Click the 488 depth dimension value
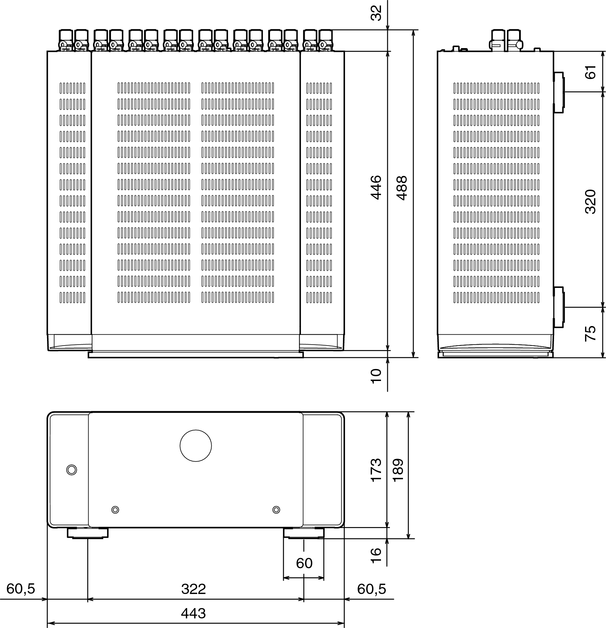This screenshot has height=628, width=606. pos(402,188)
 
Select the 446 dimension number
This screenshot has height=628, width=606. pos(376,187)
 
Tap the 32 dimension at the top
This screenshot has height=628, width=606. pos(377,13)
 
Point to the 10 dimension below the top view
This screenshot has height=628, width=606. pos(377,375)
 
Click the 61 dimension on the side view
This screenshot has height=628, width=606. pos(591,72)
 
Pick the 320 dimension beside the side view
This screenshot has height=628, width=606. pos(590,201)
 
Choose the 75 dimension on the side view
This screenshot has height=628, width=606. pos(590,333)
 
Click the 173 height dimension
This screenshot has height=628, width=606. pos(376,470)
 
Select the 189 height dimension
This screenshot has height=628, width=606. pos(398,470)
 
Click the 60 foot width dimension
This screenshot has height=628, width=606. pos(304,563)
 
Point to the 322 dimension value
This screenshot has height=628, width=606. pos(193,589)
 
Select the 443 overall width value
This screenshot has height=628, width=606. pos(193,613)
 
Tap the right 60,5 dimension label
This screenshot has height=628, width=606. pos(371,589)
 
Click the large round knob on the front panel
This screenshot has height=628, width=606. pos(195,446)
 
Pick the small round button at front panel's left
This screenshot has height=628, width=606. pos(71,470)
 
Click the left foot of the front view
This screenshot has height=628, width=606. pos(88,533)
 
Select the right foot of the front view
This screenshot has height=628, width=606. pos(304,533)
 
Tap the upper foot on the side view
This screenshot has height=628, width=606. pos(559,92)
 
